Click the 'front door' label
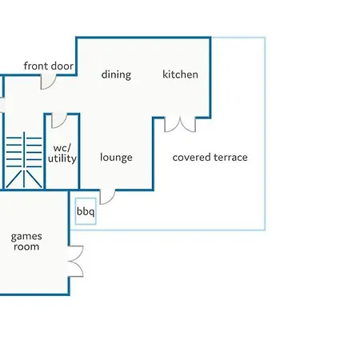49,66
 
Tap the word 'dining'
116,74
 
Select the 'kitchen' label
180,74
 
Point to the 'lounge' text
116,158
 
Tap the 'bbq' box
86,211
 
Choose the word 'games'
26,237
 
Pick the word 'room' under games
26,246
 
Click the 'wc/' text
62,148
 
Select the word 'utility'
62,158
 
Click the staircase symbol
24,159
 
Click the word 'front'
34,66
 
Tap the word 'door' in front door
61,66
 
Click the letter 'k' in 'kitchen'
166,74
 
